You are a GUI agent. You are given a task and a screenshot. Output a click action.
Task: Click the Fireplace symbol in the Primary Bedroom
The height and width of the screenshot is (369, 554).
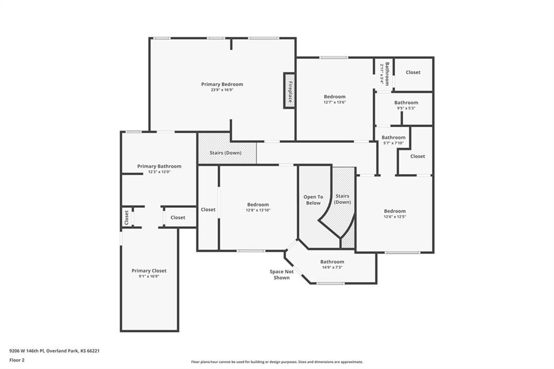point(289,90)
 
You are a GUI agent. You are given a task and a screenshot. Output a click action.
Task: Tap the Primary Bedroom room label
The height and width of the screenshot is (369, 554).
point(222,84)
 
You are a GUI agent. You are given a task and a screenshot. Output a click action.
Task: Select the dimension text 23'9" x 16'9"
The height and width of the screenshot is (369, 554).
point(222,90)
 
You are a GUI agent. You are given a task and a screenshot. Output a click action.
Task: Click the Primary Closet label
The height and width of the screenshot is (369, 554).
point(149,271)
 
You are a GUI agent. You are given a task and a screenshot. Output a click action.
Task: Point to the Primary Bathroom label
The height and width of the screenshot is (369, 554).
point(159,166)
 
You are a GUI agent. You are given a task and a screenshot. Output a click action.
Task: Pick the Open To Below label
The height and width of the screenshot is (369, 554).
point(313,200)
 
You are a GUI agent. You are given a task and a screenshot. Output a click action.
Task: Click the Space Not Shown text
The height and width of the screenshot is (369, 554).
point(281,275)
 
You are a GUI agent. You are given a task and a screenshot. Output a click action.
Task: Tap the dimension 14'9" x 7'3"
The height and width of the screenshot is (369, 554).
point(332,267)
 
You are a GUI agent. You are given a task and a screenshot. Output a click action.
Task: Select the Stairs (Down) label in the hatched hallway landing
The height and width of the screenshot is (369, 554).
point(226,153)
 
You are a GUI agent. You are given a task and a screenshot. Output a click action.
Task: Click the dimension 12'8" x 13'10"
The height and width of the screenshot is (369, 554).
point(258,210)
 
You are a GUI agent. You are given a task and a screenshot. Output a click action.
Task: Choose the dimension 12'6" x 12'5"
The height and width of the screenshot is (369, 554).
point(394,216)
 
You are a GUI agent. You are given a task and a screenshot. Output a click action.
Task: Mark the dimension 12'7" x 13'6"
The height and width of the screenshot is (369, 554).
point(334,102)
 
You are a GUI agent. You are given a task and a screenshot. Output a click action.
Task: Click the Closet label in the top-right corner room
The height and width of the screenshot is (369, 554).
point(413,72)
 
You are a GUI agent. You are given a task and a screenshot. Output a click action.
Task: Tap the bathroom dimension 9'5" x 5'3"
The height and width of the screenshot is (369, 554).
point(406,108)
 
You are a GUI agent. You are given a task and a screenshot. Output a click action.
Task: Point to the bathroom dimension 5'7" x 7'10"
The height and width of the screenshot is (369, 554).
point(393,143)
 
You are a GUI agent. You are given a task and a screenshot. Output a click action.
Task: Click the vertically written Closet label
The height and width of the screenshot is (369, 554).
point(127,218)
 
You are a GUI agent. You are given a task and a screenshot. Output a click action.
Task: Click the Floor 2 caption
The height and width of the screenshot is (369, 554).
point(17,360)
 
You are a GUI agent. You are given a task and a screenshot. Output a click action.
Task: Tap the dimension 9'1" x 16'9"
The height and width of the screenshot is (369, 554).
point(149,276)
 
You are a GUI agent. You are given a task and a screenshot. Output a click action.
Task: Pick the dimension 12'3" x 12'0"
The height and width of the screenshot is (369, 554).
point(159,172)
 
